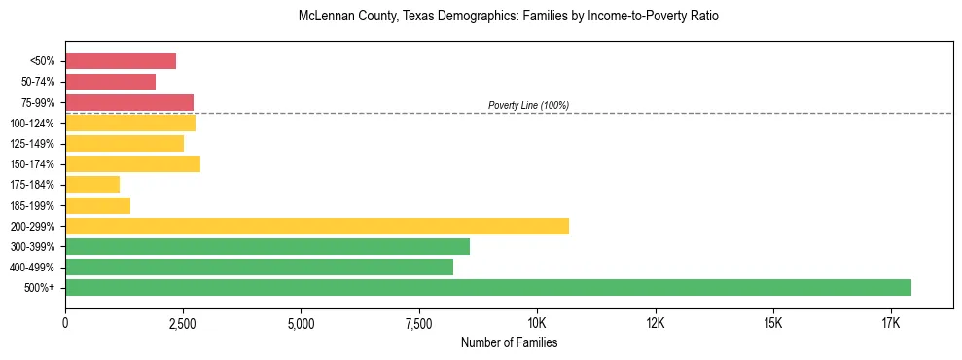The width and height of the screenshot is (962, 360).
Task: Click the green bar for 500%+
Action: (488, 287)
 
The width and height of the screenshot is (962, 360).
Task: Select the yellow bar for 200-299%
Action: (317, 226)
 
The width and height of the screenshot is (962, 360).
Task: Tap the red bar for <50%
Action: (121, 61)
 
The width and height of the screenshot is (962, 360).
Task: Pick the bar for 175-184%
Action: (92, 184)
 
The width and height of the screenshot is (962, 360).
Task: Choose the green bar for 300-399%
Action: (267, 246)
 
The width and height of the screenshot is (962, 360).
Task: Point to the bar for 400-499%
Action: (259, 267)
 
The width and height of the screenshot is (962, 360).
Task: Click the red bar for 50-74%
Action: (110, 82)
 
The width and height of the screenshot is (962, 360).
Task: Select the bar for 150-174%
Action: (132, 163)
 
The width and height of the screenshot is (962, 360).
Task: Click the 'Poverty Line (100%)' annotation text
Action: (528, 105)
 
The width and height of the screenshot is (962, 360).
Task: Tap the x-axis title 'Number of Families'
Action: (509, 342)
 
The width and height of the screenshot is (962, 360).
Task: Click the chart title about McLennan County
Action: (509, 17)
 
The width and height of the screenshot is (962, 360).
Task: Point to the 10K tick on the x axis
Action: (537, 322)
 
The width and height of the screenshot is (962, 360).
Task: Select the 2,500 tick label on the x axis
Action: (183, 322)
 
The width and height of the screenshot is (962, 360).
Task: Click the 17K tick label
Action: (891, 322)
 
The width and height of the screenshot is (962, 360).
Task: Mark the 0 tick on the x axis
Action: (65, 322)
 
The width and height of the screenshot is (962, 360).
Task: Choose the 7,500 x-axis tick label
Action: (418, 322)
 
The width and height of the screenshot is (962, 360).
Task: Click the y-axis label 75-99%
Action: (38, 103)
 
